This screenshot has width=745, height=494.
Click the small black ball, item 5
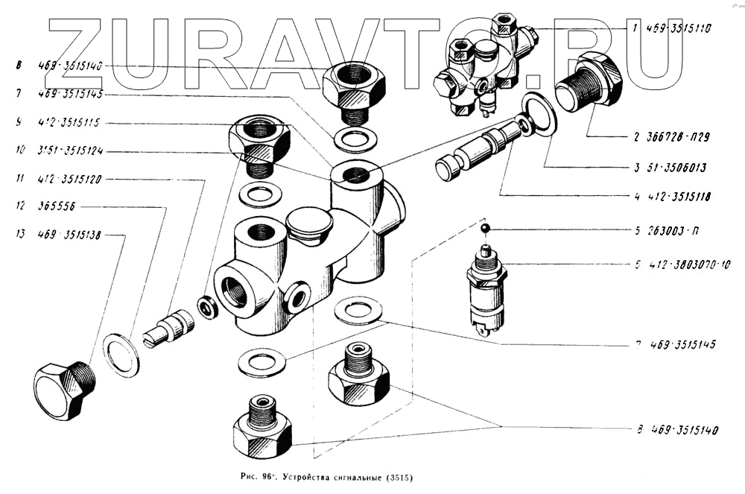(x=484, y=228)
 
